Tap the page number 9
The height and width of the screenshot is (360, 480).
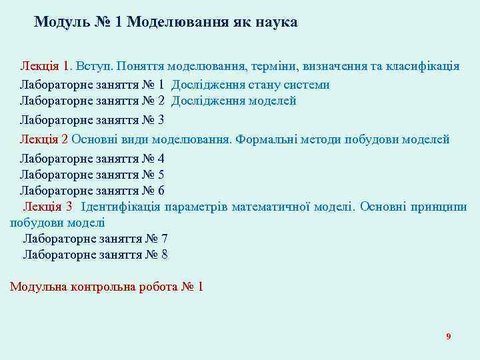[449, 337]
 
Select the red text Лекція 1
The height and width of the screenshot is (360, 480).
[45, 67]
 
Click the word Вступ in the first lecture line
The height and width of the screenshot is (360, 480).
[94, 67]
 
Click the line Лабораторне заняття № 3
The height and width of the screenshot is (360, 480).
[92, 121]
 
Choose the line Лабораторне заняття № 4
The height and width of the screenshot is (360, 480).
[92, 159]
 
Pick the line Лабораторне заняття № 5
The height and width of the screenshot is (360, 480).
[92, 175]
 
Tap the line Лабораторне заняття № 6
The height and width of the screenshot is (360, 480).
[92, 191]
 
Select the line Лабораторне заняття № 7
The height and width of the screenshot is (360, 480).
[95, 239]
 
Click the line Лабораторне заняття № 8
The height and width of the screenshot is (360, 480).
[95, 255]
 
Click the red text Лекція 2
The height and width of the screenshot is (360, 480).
[44, 139]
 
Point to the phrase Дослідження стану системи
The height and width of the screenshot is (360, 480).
[250, 85]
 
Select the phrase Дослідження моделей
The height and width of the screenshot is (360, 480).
[233, 101]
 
